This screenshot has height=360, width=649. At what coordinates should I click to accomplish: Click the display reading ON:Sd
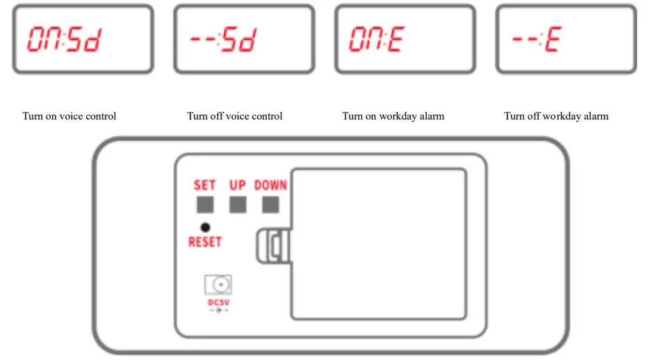[x=83, y=40]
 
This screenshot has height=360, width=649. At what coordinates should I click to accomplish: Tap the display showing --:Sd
[x=244, y=40]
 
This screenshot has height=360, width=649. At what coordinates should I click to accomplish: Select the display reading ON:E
[x=405, y=40]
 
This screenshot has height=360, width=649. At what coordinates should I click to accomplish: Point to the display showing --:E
[x=566, y=40]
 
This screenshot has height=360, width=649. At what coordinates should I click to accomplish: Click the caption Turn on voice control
[x=69, y=116]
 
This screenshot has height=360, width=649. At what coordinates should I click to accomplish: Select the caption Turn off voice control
[x=235, y=116]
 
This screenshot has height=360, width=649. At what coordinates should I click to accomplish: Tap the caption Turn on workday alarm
[x=393, y=116]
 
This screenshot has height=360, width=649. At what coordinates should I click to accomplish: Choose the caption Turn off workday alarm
[x=556, y=116]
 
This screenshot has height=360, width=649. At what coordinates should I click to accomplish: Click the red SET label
[x=205, y=186]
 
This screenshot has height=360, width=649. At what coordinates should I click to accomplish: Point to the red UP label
[x=238, y=186]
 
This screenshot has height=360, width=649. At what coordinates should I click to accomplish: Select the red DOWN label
[x=270, y=186]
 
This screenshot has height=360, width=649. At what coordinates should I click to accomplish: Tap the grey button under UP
[x=238, y=204]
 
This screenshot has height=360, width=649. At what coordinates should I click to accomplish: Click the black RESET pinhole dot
[x=205, y=227]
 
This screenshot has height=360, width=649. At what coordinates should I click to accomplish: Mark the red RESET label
[x=205, y=242]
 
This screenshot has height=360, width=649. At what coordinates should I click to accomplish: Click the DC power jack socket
[x=217, y=285]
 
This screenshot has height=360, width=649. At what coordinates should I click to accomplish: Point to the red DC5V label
[x=217, y=302]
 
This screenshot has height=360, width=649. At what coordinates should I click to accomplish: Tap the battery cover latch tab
[x=273, y=246]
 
